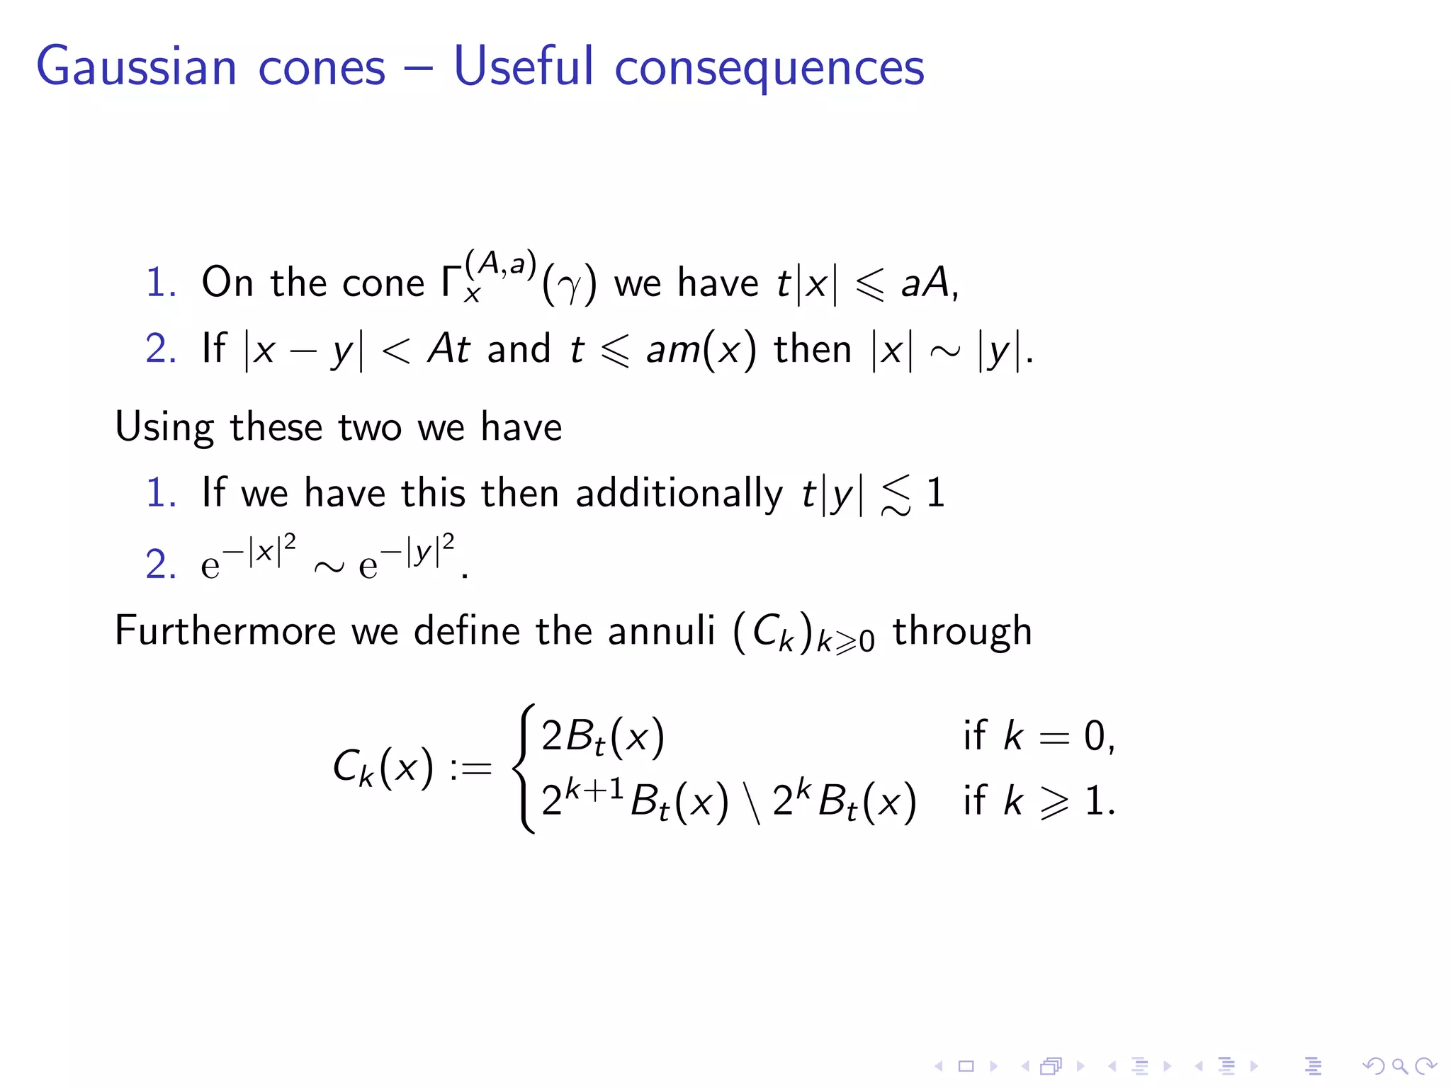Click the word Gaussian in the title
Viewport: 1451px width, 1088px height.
coord(136,67)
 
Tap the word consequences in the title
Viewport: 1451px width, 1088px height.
coord(769,68)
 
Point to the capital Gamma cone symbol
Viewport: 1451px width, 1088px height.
coord(451,282)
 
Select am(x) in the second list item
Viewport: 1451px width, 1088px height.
coord(701,349)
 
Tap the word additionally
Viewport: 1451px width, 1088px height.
coord(679,493)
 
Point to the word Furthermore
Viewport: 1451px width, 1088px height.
coord(225,630)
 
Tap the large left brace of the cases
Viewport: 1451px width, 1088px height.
coord(525,769)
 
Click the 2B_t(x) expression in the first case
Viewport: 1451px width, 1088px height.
coord(603,737)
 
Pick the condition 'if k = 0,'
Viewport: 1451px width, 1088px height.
coord(1039,737)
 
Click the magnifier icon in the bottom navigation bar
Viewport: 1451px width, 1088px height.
coord(1399,1066)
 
